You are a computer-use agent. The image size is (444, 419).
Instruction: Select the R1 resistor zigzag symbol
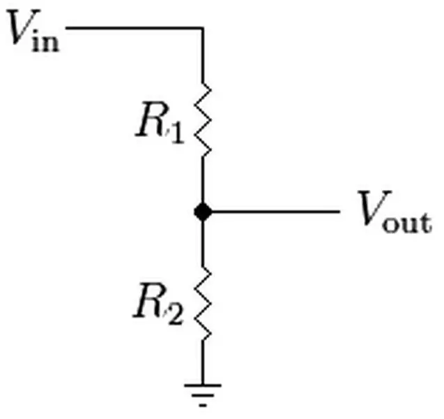(x=203, y=119)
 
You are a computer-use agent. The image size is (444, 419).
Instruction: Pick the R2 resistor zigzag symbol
(x=203, y=303)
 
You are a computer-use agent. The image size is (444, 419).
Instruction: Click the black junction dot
(x=203, y=212)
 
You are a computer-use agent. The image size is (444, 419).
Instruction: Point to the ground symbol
(x=203, y=395)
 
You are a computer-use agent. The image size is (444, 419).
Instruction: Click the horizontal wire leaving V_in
(x=135, y=28)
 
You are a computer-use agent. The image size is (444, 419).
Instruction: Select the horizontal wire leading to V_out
(x=275, y=212)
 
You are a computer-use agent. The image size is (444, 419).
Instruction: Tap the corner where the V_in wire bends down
(x=202, y=28)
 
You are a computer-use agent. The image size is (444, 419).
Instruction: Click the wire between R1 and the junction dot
(x=203, y=180)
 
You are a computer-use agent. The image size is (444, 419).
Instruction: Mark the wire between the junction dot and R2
(x=203, y=244)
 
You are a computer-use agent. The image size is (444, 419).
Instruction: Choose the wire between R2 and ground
(x=203, y=362)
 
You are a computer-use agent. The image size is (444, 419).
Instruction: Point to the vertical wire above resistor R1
(x=203, y=56)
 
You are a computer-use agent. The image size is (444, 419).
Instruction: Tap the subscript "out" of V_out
(x=407, y=223)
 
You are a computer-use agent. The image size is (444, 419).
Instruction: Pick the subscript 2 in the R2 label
(x=176, y=314)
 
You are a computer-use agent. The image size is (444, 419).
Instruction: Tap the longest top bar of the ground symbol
(x=203, y=385)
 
